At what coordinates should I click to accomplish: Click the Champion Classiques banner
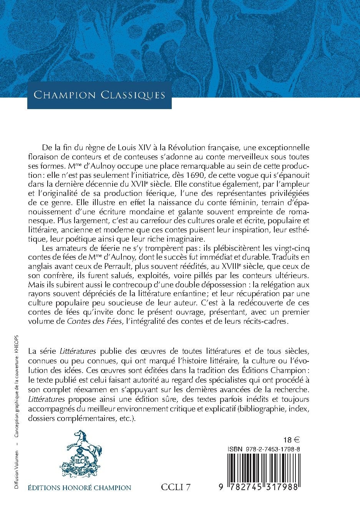coord(99,94)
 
